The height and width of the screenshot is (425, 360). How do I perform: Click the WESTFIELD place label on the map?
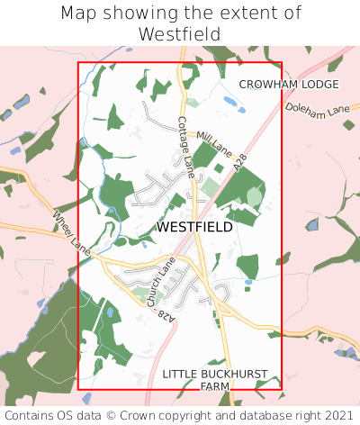click(194, 228)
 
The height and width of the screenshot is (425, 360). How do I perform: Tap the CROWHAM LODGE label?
click(289, 85)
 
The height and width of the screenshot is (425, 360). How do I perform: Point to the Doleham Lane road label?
click(317, 109)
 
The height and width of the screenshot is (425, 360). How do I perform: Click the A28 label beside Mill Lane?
click(239, 164)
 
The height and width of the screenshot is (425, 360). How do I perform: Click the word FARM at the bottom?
click(215, 386)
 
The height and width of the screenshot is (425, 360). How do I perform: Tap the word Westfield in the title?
click(180, 34)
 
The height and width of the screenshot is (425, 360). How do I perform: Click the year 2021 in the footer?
click(337, 416)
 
